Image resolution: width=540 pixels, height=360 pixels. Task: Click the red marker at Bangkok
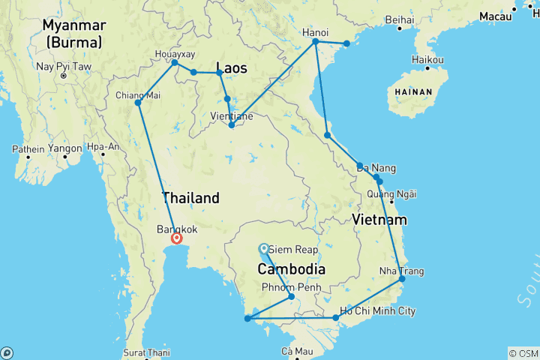[x=177, y=238]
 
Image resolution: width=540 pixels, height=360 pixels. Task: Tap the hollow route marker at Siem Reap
[x=263, y=249]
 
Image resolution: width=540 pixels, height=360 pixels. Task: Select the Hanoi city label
[x=314, y=33]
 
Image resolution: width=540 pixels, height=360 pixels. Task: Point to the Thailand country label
[x=191, y=198]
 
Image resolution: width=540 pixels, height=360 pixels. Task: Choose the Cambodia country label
[x=292, y=268]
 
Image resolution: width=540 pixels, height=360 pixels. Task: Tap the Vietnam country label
[x=380, y=220]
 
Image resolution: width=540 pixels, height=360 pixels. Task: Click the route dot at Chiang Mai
[x=138, y=103]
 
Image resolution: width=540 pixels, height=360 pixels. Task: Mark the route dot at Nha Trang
[x=402, y=279]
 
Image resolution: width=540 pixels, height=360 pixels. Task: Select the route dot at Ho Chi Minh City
[x=336, y=318]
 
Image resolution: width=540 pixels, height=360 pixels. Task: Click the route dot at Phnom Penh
[x=292, y=297]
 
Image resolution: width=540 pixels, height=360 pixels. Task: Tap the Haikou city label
[x=428, y=60]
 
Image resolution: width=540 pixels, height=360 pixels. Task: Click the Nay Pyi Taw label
[x=64, y=66]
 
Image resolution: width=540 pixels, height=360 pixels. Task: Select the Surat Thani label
[x=147, y=352]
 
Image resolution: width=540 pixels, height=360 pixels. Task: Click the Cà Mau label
[x=296, y=351]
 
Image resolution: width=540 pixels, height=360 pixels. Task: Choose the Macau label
[x=495, y=16]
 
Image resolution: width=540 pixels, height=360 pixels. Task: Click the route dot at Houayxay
[x=175, y=62]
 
